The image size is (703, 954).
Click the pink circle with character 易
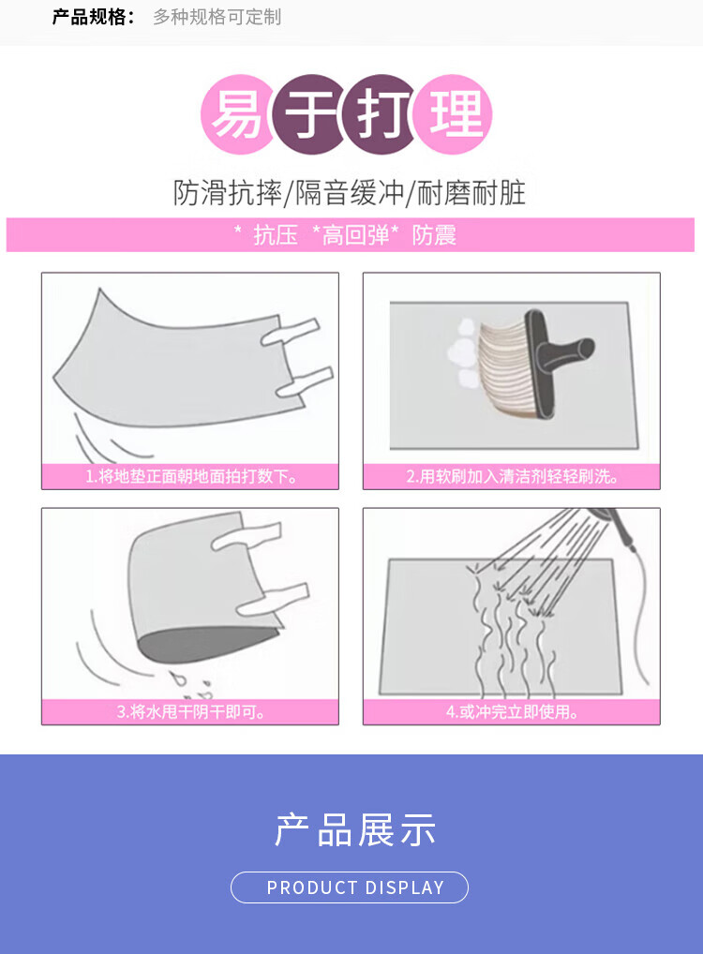pos(237,113)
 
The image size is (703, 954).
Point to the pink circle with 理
pos(453,113)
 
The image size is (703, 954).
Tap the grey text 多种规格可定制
pos(217,17)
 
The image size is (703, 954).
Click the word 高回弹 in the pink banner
pos(355,235)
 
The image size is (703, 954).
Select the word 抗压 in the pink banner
pos(276,235)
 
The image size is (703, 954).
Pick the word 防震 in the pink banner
pos(434,235)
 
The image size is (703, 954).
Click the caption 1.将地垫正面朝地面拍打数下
pos(191,476)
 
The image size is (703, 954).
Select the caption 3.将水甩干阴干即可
pos(191,712)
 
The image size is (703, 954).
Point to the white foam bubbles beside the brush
pos(464,353)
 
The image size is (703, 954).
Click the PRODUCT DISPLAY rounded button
pos(350,887)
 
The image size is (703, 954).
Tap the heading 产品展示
pos(355,830)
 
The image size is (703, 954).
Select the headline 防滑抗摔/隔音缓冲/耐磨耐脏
pos(350,193)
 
